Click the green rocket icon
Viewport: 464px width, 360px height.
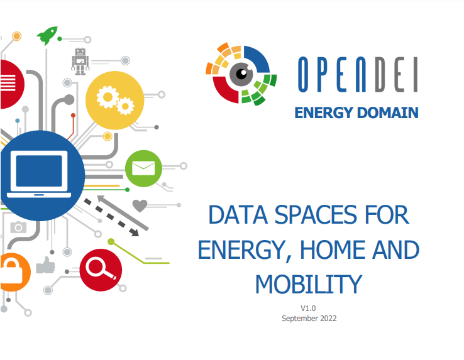[47, 35]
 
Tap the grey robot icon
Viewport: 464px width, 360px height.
[80, 62]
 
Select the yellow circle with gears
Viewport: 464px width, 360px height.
[115, 101]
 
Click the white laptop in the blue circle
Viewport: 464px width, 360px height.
[39, 174]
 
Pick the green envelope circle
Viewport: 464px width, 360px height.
[143, 168]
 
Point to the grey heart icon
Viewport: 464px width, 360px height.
[140, 205]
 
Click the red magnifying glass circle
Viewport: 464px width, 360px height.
[101, 270]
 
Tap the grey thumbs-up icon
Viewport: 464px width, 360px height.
[45, 265]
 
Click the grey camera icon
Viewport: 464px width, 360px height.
[18, 227]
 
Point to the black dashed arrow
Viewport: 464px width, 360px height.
[111, 217]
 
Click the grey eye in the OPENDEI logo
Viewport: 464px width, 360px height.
[241, 74]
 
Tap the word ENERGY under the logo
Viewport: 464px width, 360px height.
[324, 112]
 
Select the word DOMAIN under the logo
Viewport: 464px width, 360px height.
[388, 112]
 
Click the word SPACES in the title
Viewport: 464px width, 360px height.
[316, 215]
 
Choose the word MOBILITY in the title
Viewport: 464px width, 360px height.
[309, 284]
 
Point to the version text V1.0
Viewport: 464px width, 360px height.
[308, 308]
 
